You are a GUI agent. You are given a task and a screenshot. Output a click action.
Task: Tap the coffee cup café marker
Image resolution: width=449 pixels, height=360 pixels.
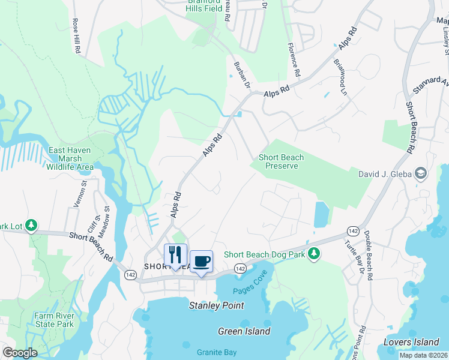pos(201,261)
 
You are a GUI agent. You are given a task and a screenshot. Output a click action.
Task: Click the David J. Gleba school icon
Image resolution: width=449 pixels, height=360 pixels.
pos(421,174)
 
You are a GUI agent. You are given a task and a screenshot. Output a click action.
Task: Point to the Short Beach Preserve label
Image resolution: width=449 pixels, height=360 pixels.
pos(281,161)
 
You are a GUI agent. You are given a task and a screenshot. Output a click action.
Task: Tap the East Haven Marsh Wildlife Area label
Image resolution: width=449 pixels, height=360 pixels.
pos(71,158)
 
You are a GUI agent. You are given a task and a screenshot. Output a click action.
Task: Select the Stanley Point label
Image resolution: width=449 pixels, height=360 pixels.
pos(217,305)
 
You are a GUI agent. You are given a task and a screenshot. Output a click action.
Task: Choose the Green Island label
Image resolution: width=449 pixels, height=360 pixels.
pos(244,331)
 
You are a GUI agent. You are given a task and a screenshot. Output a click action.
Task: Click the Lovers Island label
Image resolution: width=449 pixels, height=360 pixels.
pos(411,342)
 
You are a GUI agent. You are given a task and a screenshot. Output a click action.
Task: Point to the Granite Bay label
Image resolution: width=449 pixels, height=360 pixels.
pos(216,352)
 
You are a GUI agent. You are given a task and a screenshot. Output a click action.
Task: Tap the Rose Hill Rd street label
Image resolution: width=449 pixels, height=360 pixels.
pos(76,36)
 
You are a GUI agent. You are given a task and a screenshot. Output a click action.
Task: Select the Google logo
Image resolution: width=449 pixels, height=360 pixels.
pos(20,353)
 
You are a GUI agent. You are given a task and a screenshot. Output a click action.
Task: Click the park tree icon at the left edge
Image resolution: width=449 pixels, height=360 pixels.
pos(31,226)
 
